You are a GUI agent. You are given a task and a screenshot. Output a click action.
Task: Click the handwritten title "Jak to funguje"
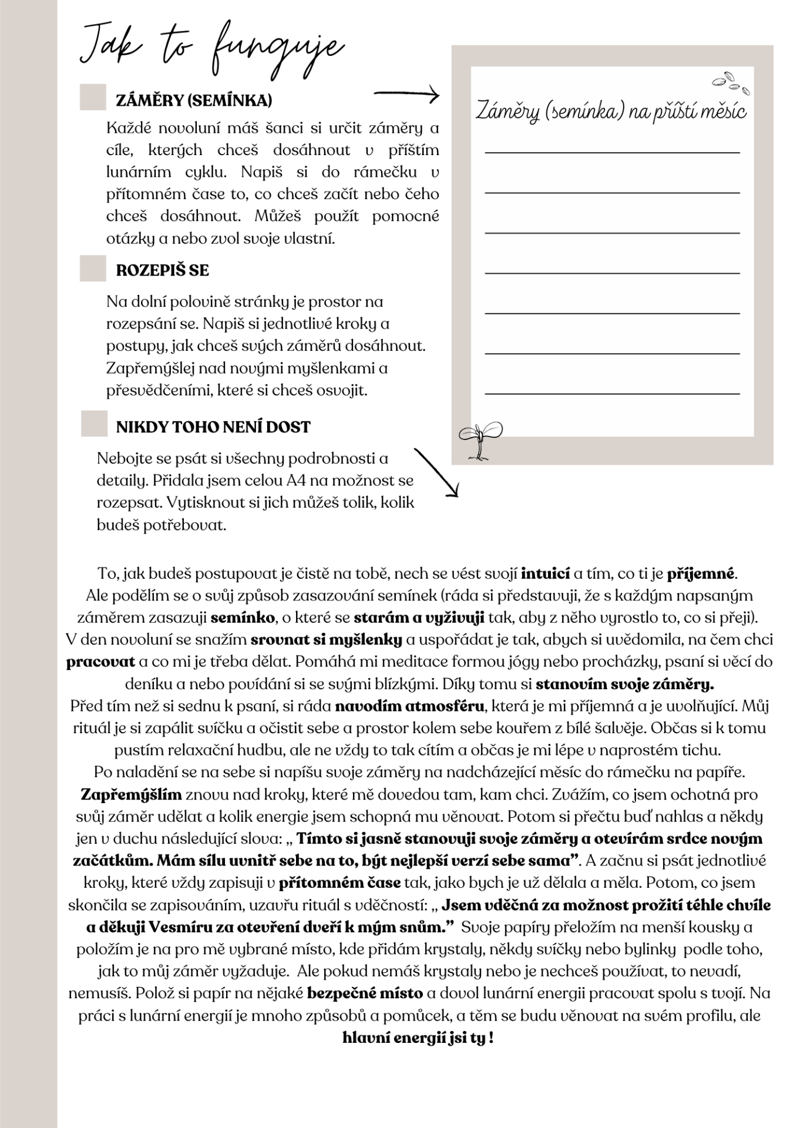click(x=211, y=50)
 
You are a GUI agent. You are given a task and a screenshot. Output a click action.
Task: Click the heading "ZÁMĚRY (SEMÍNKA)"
click(x=194, y=100)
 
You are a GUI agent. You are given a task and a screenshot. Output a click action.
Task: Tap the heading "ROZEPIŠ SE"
click(x=162, y=270)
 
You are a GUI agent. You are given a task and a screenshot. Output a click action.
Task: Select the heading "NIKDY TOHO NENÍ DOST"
click(x=213, y=427)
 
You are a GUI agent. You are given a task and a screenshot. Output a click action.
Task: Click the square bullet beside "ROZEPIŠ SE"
click(x=93, y=268)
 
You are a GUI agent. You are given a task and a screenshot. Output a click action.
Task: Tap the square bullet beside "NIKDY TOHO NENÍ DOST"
click(x=94, y=424)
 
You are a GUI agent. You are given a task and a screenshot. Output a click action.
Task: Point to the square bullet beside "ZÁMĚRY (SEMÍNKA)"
click(x=93, y=98)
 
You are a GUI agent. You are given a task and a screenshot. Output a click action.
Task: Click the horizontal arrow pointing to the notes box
click(x=406, y=94)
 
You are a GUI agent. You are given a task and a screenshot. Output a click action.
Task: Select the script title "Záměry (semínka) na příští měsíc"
click(x=611, y=111)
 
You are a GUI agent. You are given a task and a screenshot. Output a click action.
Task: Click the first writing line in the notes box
click(x=612, y=153)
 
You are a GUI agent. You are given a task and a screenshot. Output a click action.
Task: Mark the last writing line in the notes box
click(x=612, y=393)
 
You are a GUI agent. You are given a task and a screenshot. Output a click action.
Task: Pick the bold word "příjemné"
click(x=701, y=573)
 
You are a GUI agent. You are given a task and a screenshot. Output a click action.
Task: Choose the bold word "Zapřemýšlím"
click(x=131, y=795)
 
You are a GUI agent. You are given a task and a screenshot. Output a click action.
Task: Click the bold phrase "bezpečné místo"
click(x=365, y=993)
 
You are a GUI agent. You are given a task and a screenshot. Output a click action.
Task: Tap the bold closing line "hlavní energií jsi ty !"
click(x=418, y=1038)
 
